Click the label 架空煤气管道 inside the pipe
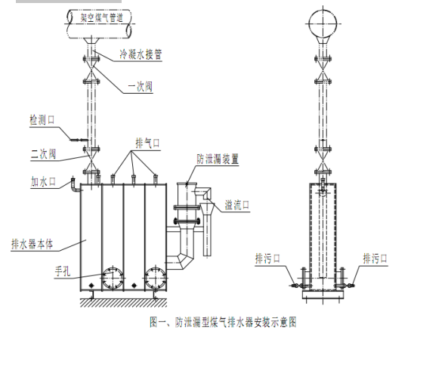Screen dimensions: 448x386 click(102, 18)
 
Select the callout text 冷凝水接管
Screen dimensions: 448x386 click(141, 54)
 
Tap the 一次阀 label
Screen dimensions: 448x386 click(140, 87)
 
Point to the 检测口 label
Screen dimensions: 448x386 click(42, 119)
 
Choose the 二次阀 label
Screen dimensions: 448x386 click(43, 154)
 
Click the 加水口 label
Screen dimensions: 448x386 click(43, 181)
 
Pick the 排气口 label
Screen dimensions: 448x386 click(147, 143)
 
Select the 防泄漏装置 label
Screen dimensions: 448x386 click(218, 159)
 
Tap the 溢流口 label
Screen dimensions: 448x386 click(237, 205)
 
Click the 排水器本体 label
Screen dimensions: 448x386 click(32, 244)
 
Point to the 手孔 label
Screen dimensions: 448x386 click(63, 271)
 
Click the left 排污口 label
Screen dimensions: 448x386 click(267, 259)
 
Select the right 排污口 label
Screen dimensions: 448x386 click(375, 259)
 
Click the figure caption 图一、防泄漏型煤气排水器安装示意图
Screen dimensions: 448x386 click(223, 322)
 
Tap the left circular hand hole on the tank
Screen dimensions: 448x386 click(113, 277)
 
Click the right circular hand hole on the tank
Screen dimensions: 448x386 click(156, 277)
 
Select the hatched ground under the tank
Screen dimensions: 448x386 click(123, 303)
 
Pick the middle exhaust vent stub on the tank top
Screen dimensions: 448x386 click(134, 180)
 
